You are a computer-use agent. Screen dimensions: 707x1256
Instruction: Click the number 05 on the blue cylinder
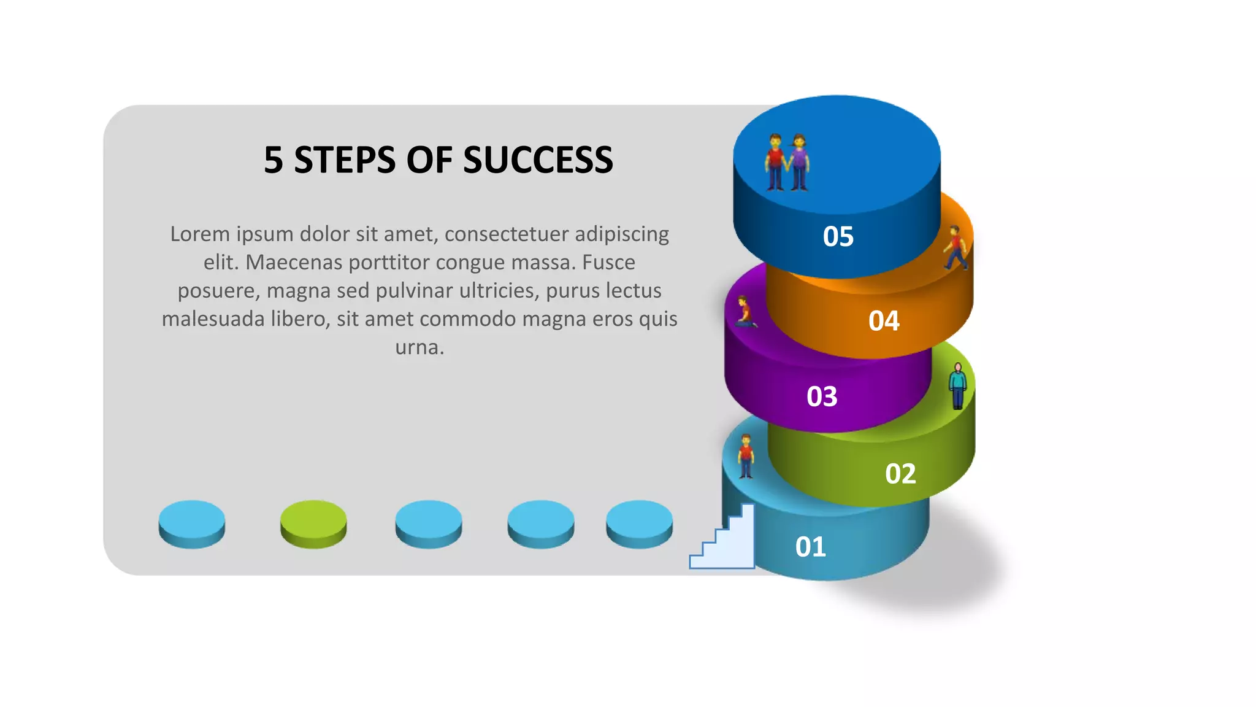[x=838, y=236]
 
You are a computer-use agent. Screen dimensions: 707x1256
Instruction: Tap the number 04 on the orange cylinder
[x=884, y=321]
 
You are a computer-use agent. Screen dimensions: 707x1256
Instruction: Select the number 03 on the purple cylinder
[x=822, y=396]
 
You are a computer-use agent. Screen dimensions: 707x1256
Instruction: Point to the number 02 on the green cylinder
[x=900, y=474]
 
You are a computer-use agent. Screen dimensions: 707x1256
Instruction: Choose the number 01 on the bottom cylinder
[x=810, y=547]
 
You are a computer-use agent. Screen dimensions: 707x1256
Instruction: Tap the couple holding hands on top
[x=787, y=162]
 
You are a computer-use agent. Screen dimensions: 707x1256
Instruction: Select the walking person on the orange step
[x=955, y=248]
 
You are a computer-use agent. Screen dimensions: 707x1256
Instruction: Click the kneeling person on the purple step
[x=745, y=312]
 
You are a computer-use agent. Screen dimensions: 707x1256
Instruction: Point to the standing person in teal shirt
[x=957, y=386]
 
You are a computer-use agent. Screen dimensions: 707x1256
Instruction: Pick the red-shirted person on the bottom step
[x=746, y=456]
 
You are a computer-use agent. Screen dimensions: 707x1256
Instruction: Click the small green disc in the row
[x=313, y=523]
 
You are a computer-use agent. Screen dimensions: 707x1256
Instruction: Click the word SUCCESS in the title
[x=538, y=160]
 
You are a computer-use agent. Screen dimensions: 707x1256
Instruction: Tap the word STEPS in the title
[x=345, y=160]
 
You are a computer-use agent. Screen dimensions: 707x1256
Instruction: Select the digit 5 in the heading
[x=273, y=160]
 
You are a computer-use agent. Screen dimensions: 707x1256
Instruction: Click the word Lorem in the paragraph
[x=199, y=234]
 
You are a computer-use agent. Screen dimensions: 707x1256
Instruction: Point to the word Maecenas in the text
[x=294, y=262]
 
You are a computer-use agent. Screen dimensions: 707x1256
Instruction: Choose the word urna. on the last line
[x=419, y=347]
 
